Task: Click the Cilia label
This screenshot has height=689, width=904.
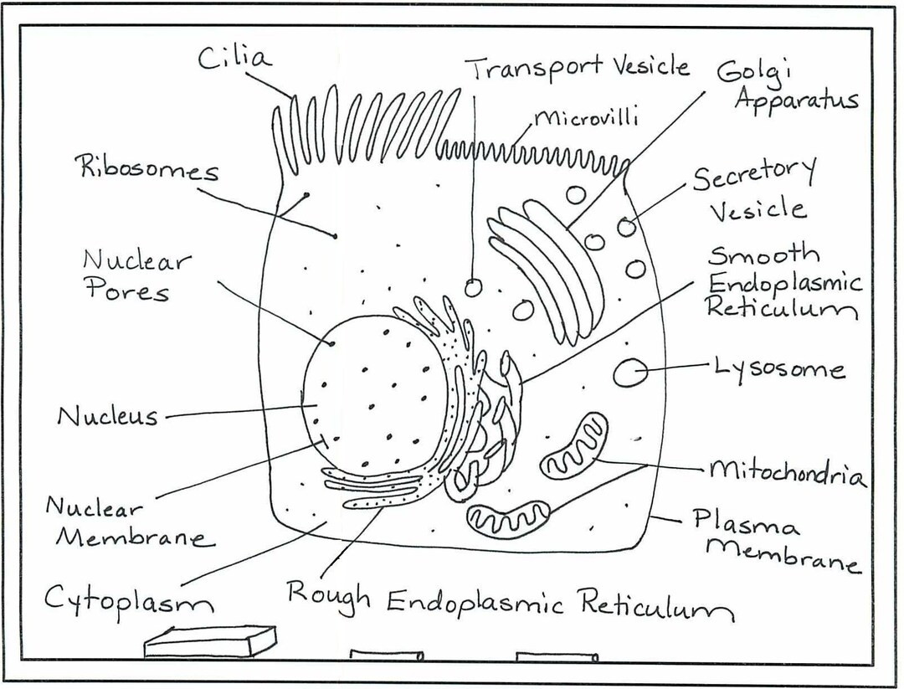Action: point(234,59)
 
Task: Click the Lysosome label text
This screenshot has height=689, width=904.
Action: point(778,368)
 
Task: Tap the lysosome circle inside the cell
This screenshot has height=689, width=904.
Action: point(629,372)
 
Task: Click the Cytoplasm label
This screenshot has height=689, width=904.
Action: point(127,599)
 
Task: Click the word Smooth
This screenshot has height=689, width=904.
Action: point(763,255)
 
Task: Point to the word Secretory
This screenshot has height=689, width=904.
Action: point(753,176)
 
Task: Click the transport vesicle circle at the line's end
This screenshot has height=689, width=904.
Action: point(474,288)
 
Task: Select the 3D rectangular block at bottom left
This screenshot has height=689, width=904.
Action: point(210,642)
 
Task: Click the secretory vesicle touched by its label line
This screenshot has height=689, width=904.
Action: point(627,227)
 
